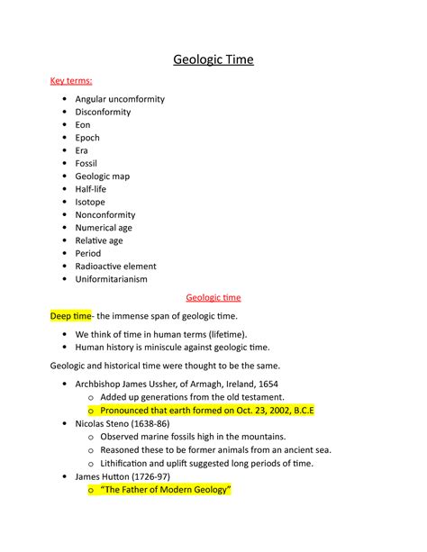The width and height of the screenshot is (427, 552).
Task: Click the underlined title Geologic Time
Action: point(213,60)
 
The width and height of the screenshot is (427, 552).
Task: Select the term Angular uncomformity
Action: point(120,99)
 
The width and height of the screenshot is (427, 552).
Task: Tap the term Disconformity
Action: point(103,113)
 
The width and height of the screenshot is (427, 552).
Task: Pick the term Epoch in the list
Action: point(87,138)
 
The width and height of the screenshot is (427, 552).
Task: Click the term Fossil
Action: point(86,164)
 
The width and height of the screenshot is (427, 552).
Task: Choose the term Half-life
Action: point(91,189)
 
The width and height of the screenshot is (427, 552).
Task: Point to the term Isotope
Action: point(90,203)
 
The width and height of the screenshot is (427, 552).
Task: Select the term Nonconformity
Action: point(105,215)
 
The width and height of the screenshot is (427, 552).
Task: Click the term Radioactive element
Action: point(115,267)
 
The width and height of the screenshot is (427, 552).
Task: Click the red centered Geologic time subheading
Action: point(213,297)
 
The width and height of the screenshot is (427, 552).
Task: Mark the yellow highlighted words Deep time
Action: point(70,316)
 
